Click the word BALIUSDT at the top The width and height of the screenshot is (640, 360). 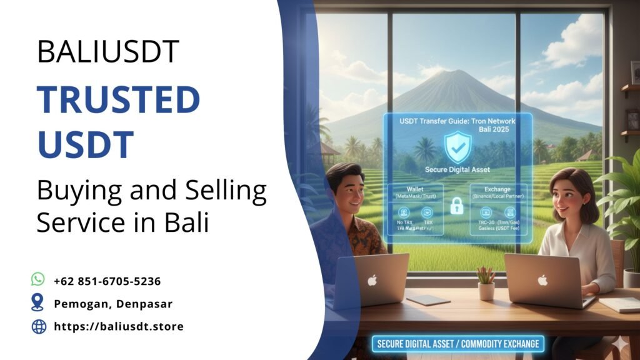coord(107,52)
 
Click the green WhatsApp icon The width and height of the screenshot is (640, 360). coord(39,280)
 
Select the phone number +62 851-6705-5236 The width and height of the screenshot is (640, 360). coord(107,281)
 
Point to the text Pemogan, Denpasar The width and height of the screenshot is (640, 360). coord(112,304)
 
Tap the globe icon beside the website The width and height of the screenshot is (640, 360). coord(39,326)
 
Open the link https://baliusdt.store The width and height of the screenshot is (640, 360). coord(119,326)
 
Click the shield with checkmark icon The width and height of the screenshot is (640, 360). coord(457,147)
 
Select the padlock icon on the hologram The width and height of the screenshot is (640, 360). coord(456,206)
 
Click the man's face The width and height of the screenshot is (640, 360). coord(347,190)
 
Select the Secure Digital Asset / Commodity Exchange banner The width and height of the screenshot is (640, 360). coord(457,344)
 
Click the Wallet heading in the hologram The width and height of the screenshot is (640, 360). coord(414,189)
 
